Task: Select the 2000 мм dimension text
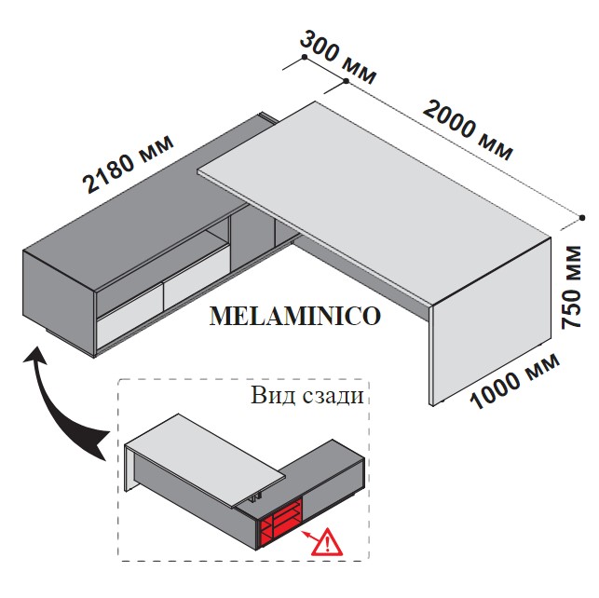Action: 468,129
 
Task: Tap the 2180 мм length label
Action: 129,163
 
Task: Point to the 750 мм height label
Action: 571,287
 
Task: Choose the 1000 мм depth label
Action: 514,381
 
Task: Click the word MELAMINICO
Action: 295,316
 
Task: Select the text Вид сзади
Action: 306,395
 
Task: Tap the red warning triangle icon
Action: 327,541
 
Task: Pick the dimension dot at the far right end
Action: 582,218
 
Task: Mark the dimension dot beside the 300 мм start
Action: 305,57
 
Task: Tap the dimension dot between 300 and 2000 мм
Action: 346,81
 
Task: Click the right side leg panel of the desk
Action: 491,321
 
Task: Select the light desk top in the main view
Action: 373,201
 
